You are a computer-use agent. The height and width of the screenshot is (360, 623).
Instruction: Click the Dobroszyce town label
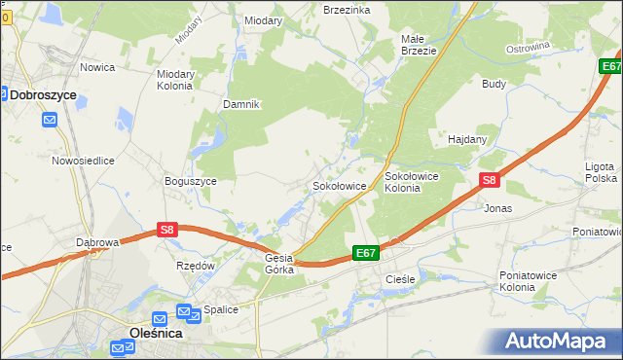pyautogui.click(x=44, y=94)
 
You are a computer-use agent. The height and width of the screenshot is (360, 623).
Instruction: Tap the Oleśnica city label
pyautogui.click(x=156, y=333)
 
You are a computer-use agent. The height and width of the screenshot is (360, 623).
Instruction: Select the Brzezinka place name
pyautogui.click(x=347, y=9)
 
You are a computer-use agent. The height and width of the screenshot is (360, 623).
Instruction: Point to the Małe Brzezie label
pyautogui.click(x=419, y=45)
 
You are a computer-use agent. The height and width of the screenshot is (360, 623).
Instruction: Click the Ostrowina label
pyautogui.click(x=529, y=47)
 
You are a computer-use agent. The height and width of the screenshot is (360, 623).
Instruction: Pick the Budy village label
pyautogui.click(x=494, y=84)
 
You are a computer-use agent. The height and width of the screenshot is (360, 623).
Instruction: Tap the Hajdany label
pyautogui.click(x=467, y=139)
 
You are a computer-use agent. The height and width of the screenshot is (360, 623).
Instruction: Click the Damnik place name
pyautogui.click(x=241, y=104)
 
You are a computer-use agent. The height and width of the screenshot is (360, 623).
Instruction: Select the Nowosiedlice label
pyautogui.click(x=84, y=161)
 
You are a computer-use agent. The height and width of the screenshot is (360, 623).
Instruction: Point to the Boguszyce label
pyautogui.click(x=191, y=181)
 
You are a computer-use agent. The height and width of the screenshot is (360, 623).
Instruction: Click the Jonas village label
pyautogui.click(x=497, y=208)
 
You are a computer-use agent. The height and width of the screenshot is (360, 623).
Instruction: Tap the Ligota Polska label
pyautogui.click(x=601, y=172)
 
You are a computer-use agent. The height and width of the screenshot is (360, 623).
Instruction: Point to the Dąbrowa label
pyautogui.click(x=97, y=242)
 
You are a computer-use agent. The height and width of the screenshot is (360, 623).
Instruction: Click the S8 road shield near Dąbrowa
pyautogui.click(x=167, y=231)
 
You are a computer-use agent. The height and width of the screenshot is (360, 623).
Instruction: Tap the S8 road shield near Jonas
pyautogui.click(x=490, y=180)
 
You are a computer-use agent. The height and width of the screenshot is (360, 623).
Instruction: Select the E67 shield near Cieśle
pyautogui.click(x=365, y=253)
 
